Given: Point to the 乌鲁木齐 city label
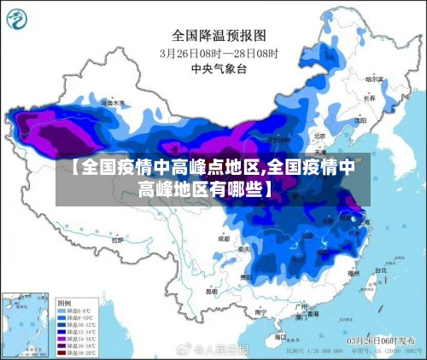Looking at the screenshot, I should (x=112, y=102).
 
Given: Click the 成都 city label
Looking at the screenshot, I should (x=224, y=239).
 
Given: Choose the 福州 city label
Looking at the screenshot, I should (x=357, y=275).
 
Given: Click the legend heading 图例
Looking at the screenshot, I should (x=64, y=303).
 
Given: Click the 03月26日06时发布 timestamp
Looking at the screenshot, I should (x=380, y=340).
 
